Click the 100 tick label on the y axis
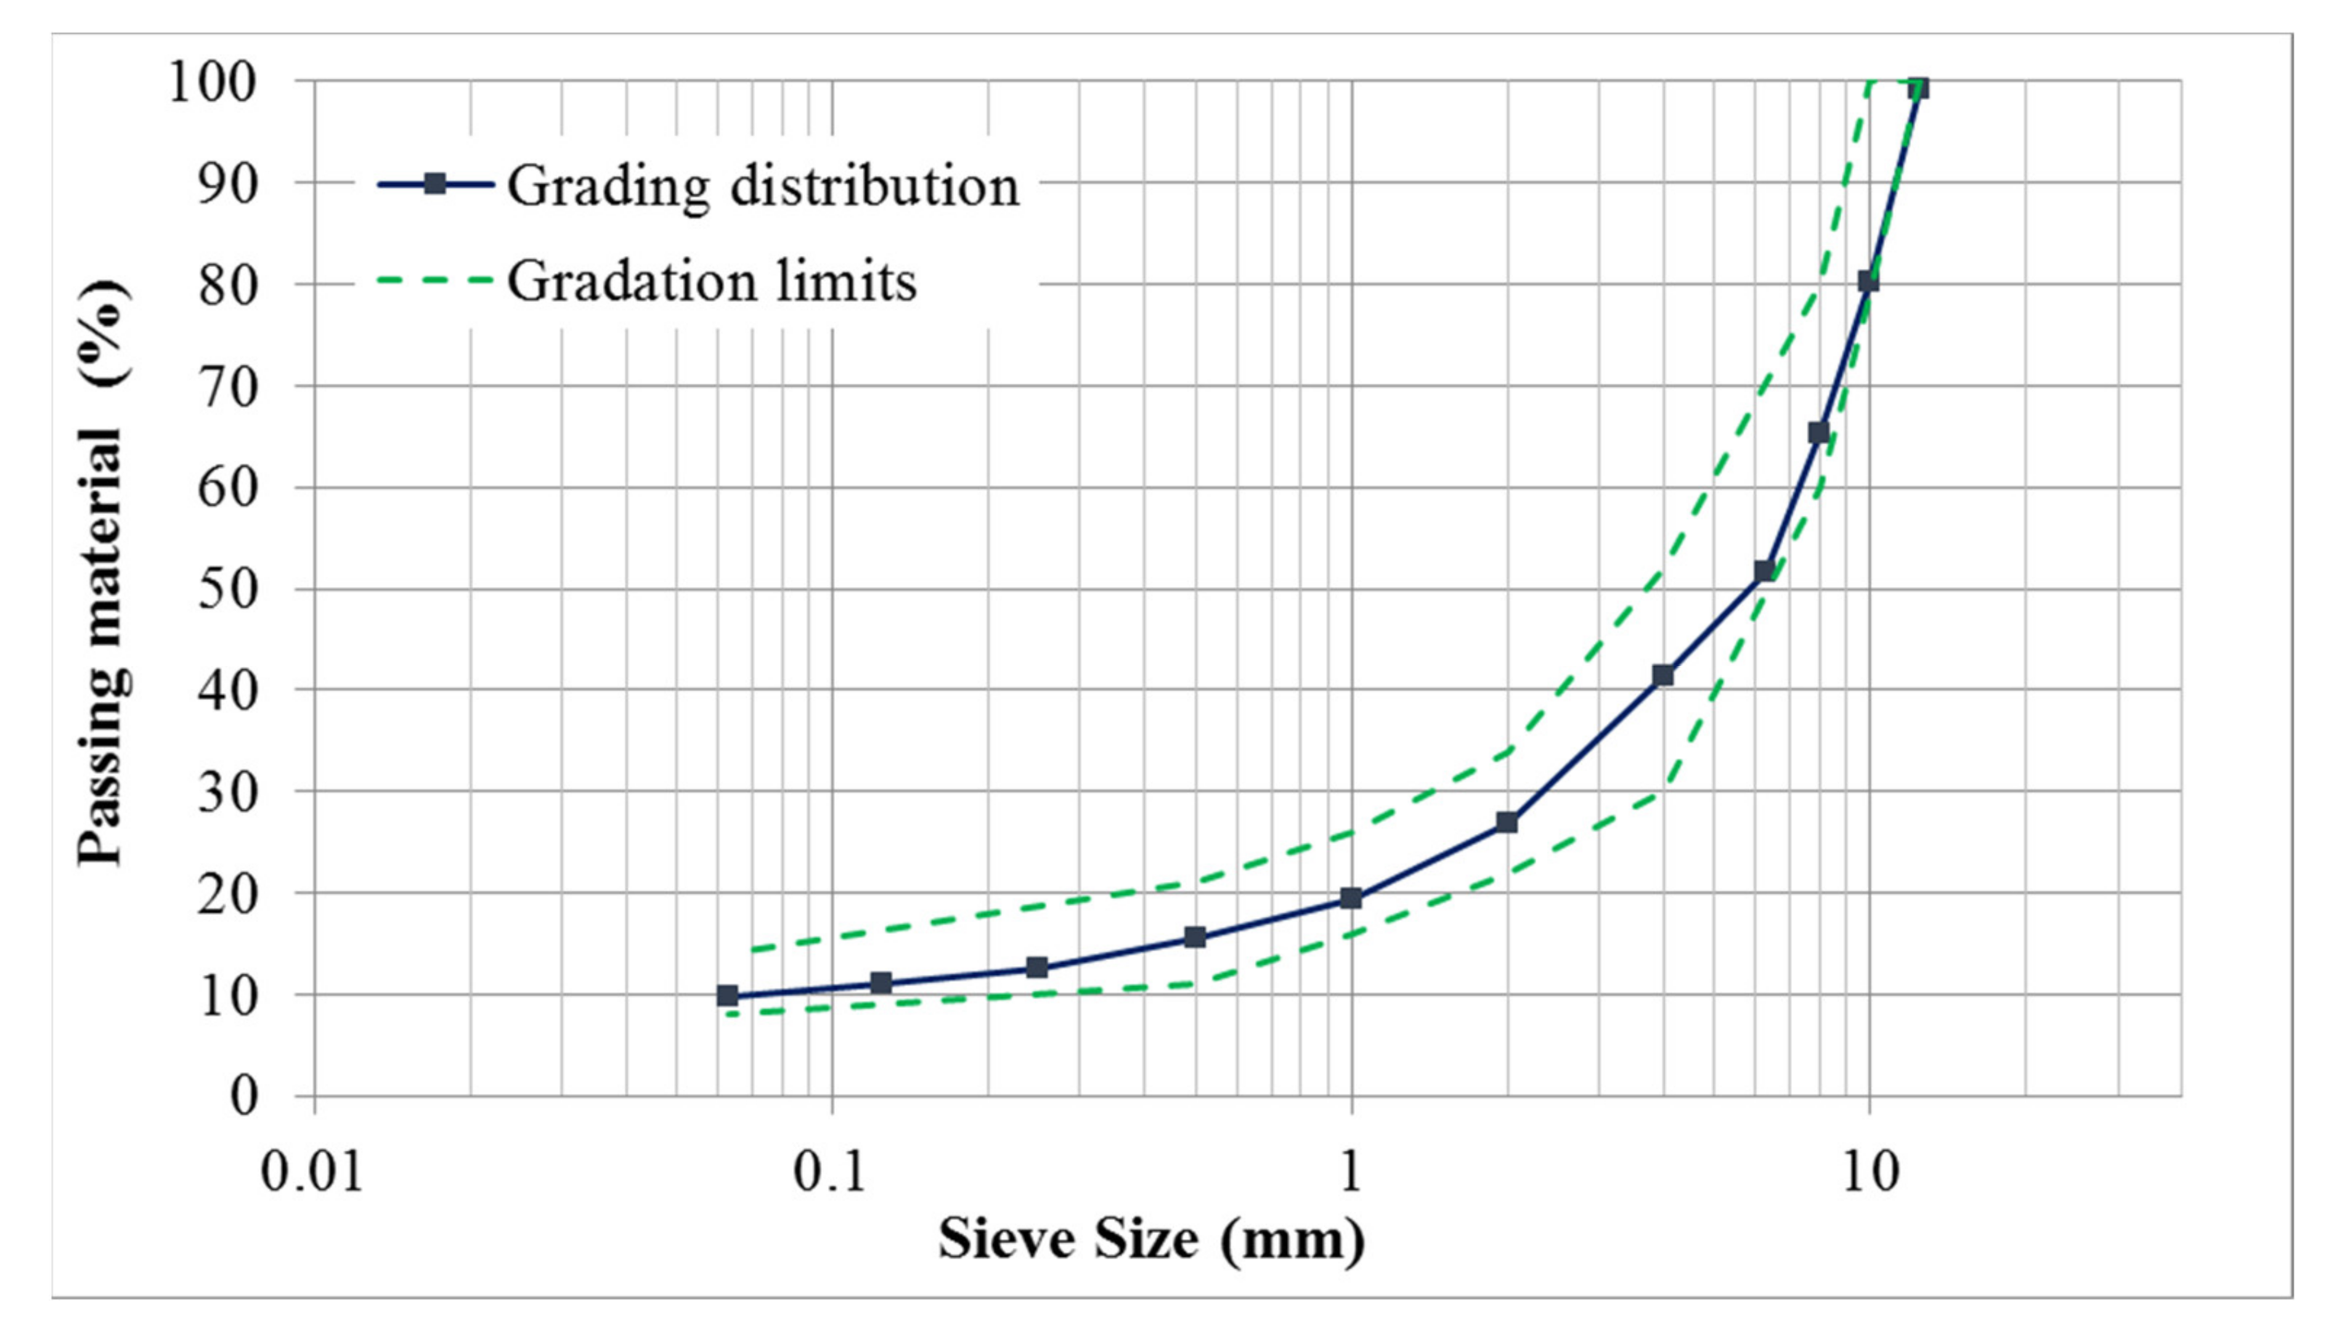[211, 83]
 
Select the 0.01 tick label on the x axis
[313, 1174]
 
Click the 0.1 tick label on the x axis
[831, 1174]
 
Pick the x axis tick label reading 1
[1351, 1174]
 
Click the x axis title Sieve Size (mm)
[1152, 1239]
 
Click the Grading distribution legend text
[764, 186]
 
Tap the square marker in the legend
[435, 184]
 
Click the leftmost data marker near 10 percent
[728, 995]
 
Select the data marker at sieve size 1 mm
[1351, 898]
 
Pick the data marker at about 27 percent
[1507, 822]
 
